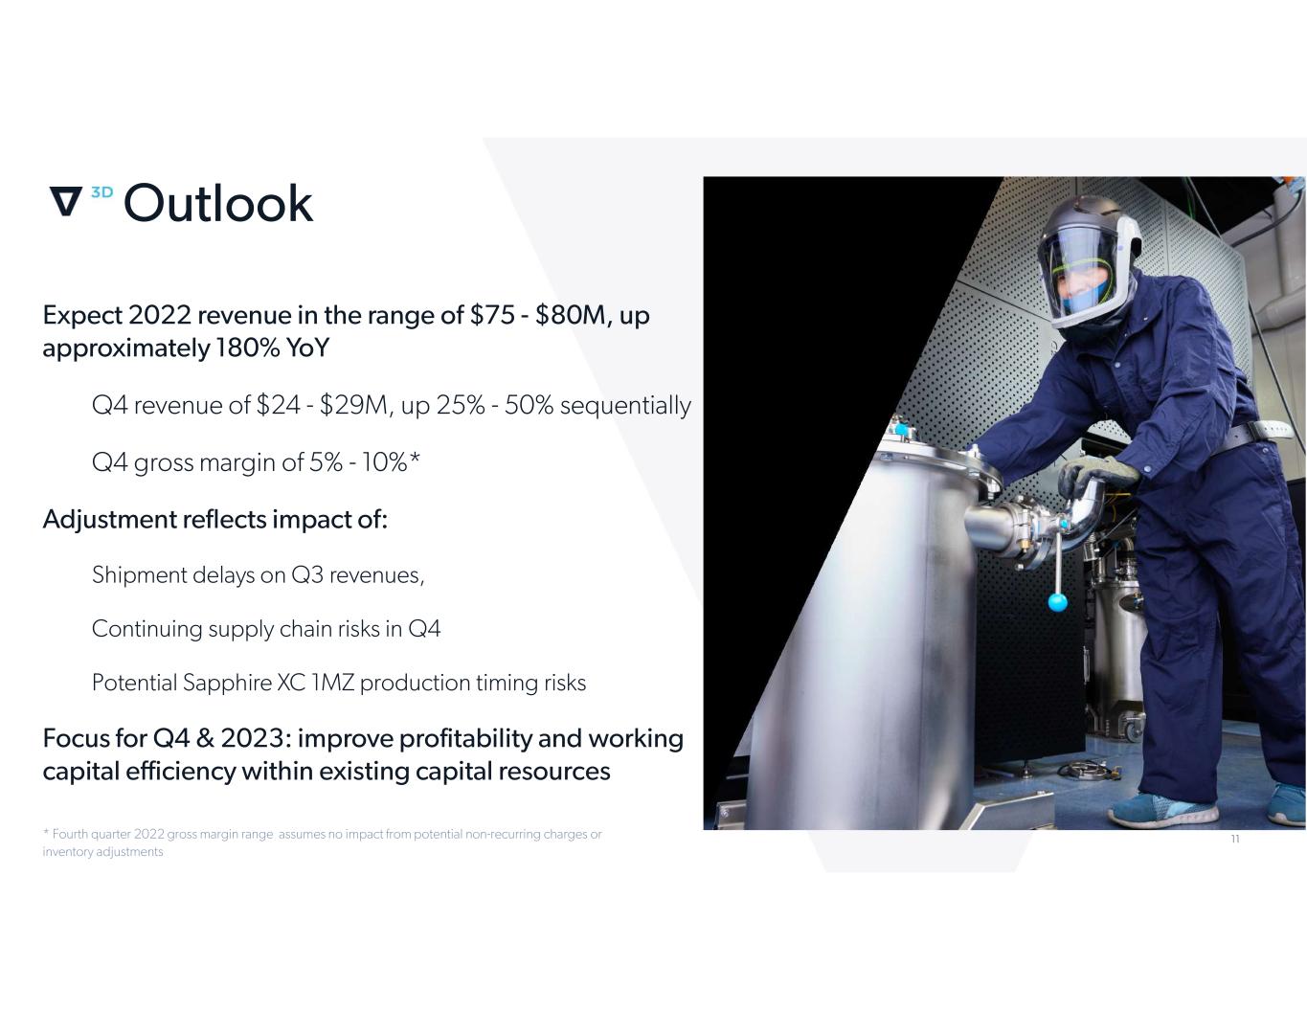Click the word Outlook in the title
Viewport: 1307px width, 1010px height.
(x=217, y=203)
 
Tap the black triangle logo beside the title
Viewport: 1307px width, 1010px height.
(x=65, y=201)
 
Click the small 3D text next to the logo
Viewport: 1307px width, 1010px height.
(x=101, y=192)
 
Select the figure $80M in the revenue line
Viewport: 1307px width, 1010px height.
(x=570, y=315)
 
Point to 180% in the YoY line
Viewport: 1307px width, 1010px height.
(x=247, y=348)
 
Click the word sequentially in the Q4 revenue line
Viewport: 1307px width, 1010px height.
(x=625, y=405)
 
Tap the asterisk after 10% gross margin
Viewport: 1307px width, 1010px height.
(x=415, y=459)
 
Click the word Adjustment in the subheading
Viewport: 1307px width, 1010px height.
(x=109, y=520)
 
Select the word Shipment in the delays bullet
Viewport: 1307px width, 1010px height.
(x=140, y=575)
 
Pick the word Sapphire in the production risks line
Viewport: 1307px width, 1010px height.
(x=227, y=683)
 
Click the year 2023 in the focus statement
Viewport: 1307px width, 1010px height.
(x=252, y=738)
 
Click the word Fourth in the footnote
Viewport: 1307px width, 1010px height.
(x=70, y=834)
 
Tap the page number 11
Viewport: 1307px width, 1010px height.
(x=1235, y=839)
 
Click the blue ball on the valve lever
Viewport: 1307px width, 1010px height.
(x=1057, y=602)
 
